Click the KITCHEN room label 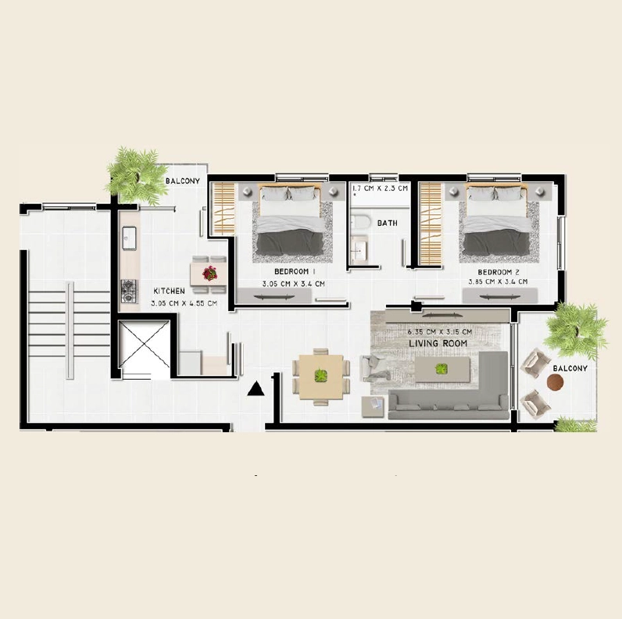[x=169, y=292]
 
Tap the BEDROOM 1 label [x=295, y=272]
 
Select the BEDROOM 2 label [x=499, y=272]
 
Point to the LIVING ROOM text [x=438, y=344]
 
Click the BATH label [x=388, y=223]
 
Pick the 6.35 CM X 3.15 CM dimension [x=439, y=331]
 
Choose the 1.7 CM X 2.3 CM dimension [x=381, y=188]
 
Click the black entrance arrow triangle [x=256, y=389]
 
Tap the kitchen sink [x=129, y=238]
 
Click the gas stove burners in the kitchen [x=129, y=292]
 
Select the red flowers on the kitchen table [x=209, y=273]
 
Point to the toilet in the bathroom [x=359, y=222]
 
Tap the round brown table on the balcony [x=555, y=383]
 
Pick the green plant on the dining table [x=321, y=375]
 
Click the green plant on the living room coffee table [x=441, y=369]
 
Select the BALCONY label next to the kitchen [x=183, y=181]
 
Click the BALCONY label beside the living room [x=570, y=368]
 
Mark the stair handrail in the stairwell [x=70, y=330]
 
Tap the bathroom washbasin [x=360, y=250]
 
